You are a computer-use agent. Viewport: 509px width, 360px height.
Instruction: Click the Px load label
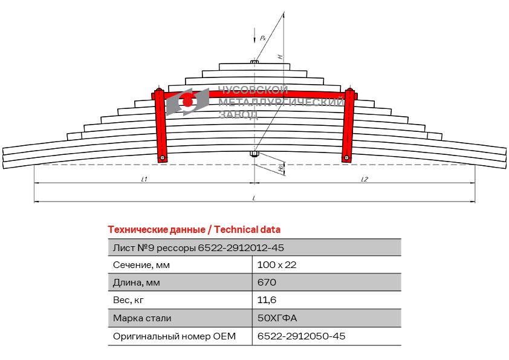pyautogui.click(x=263, y=38)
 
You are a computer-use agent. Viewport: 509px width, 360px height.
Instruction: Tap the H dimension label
pyautogui.click(x=280, y=56)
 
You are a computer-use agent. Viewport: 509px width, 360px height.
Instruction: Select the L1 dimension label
pyautogui.click(x=144, y=179)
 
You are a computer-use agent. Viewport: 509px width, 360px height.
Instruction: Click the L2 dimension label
pyautogui.click(x=365, y=179)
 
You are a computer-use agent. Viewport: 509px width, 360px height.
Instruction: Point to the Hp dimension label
pyautogui.click(x=280, y=168)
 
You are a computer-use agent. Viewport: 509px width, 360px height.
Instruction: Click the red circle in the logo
pyautogui.click(x=187, y=102)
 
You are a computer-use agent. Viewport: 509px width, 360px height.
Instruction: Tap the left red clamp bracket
pyautogui.click(x=160, y=125)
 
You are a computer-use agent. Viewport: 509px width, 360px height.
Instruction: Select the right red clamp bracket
pyautogui.click(x=348, y=125)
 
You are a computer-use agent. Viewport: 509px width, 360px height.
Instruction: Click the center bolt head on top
pyautogui.click(x=254, y=61)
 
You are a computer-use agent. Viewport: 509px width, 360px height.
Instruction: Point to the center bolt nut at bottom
pyautogui.click(x=254, y=154)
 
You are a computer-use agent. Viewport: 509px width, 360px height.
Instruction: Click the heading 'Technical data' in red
pyautogui.click(x=247, y=230)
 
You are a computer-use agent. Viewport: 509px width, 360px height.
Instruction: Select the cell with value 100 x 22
pyautogui.click(x=277, y=265)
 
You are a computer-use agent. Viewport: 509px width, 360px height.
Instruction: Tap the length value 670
pyautogui.click(x=267, y=282)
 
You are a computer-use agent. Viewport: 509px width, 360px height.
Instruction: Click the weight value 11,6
pyautogui.click(x=267, y=299)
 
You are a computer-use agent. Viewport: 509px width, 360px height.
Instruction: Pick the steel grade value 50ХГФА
pyautogui.click(x=277, y=318)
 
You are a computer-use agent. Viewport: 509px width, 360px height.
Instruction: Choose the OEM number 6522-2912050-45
pyautogui.click(x=301, y=336)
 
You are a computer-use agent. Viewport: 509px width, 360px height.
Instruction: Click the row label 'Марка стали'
pyautogui.click(x=142, y=318)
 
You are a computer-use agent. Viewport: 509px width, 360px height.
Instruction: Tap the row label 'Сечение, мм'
pyautogui.click(x=141, y=265)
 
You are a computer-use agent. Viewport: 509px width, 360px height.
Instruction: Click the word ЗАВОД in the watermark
pyautogui.click(x=238, y=114)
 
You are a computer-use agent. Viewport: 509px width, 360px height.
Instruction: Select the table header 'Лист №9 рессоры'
pyautogui.click(x=154, y=248)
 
